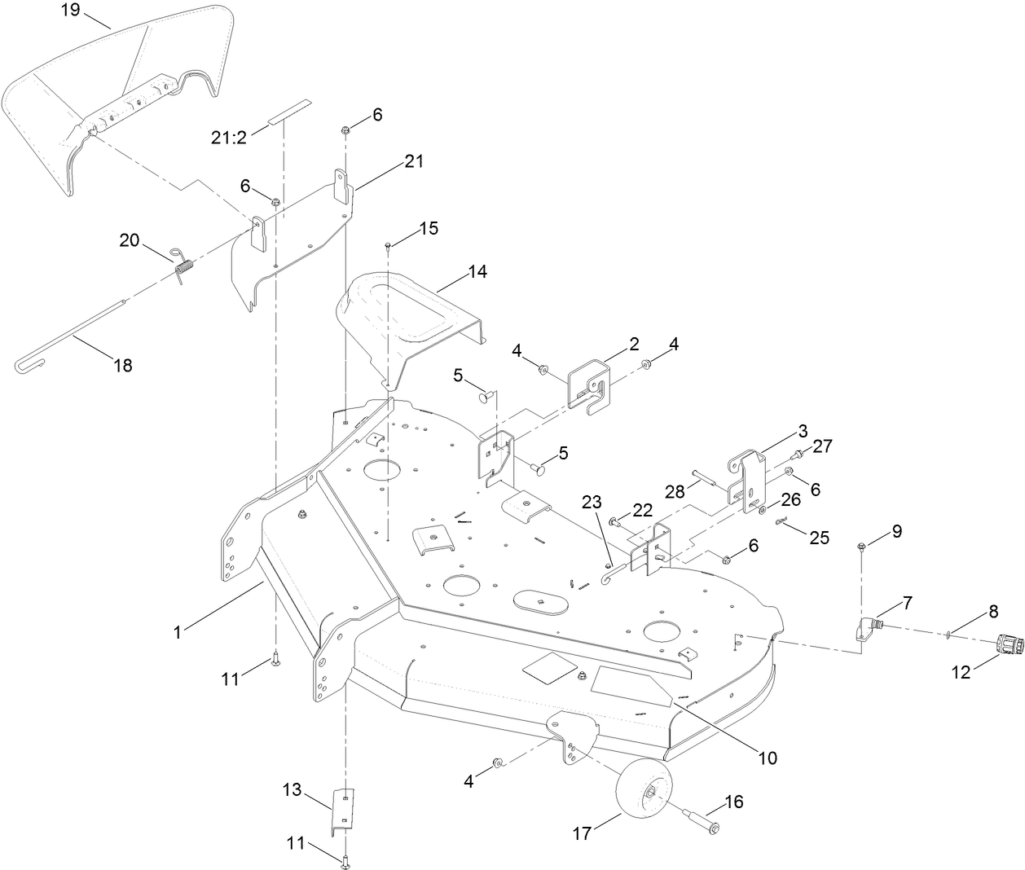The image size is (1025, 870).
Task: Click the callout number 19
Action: point(71,10)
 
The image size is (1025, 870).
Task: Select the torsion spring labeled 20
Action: point(183,264)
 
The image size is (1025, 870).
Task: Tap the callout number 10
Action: point(768,758)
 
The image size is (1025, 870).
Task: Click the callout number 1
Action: point(178,629)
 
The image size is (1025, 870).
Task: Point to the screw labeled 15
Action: point(389,245)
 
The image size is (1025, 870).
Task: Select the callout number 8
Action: point(970,610)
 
